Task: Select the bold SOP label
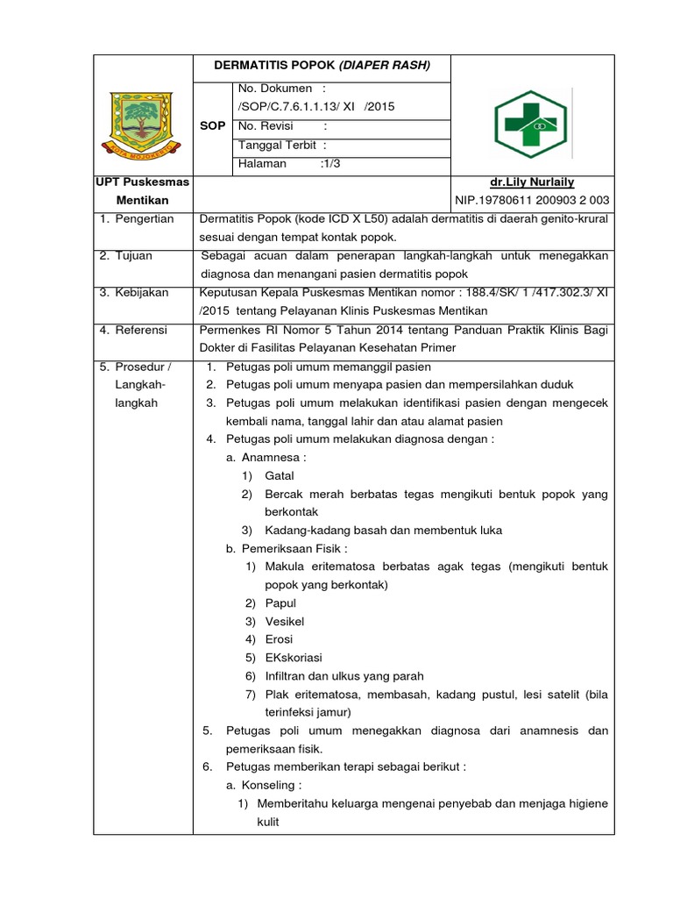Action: tap(213, 125)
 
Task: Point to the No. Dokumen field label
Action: tap(281, 89)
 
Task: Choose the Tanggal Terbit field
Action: tap(282, 145)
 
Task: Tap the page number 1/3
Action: tap(332, 163)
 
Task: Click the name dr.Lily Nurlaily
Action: tap(532, 182)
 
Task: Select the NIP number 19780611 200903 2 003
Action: tap(532, 200)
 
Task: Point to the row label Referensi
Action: tap(143, 330)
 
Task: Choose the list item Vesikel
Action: tap(284, 621)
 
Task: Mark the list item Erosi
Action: tap(279, 639)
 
